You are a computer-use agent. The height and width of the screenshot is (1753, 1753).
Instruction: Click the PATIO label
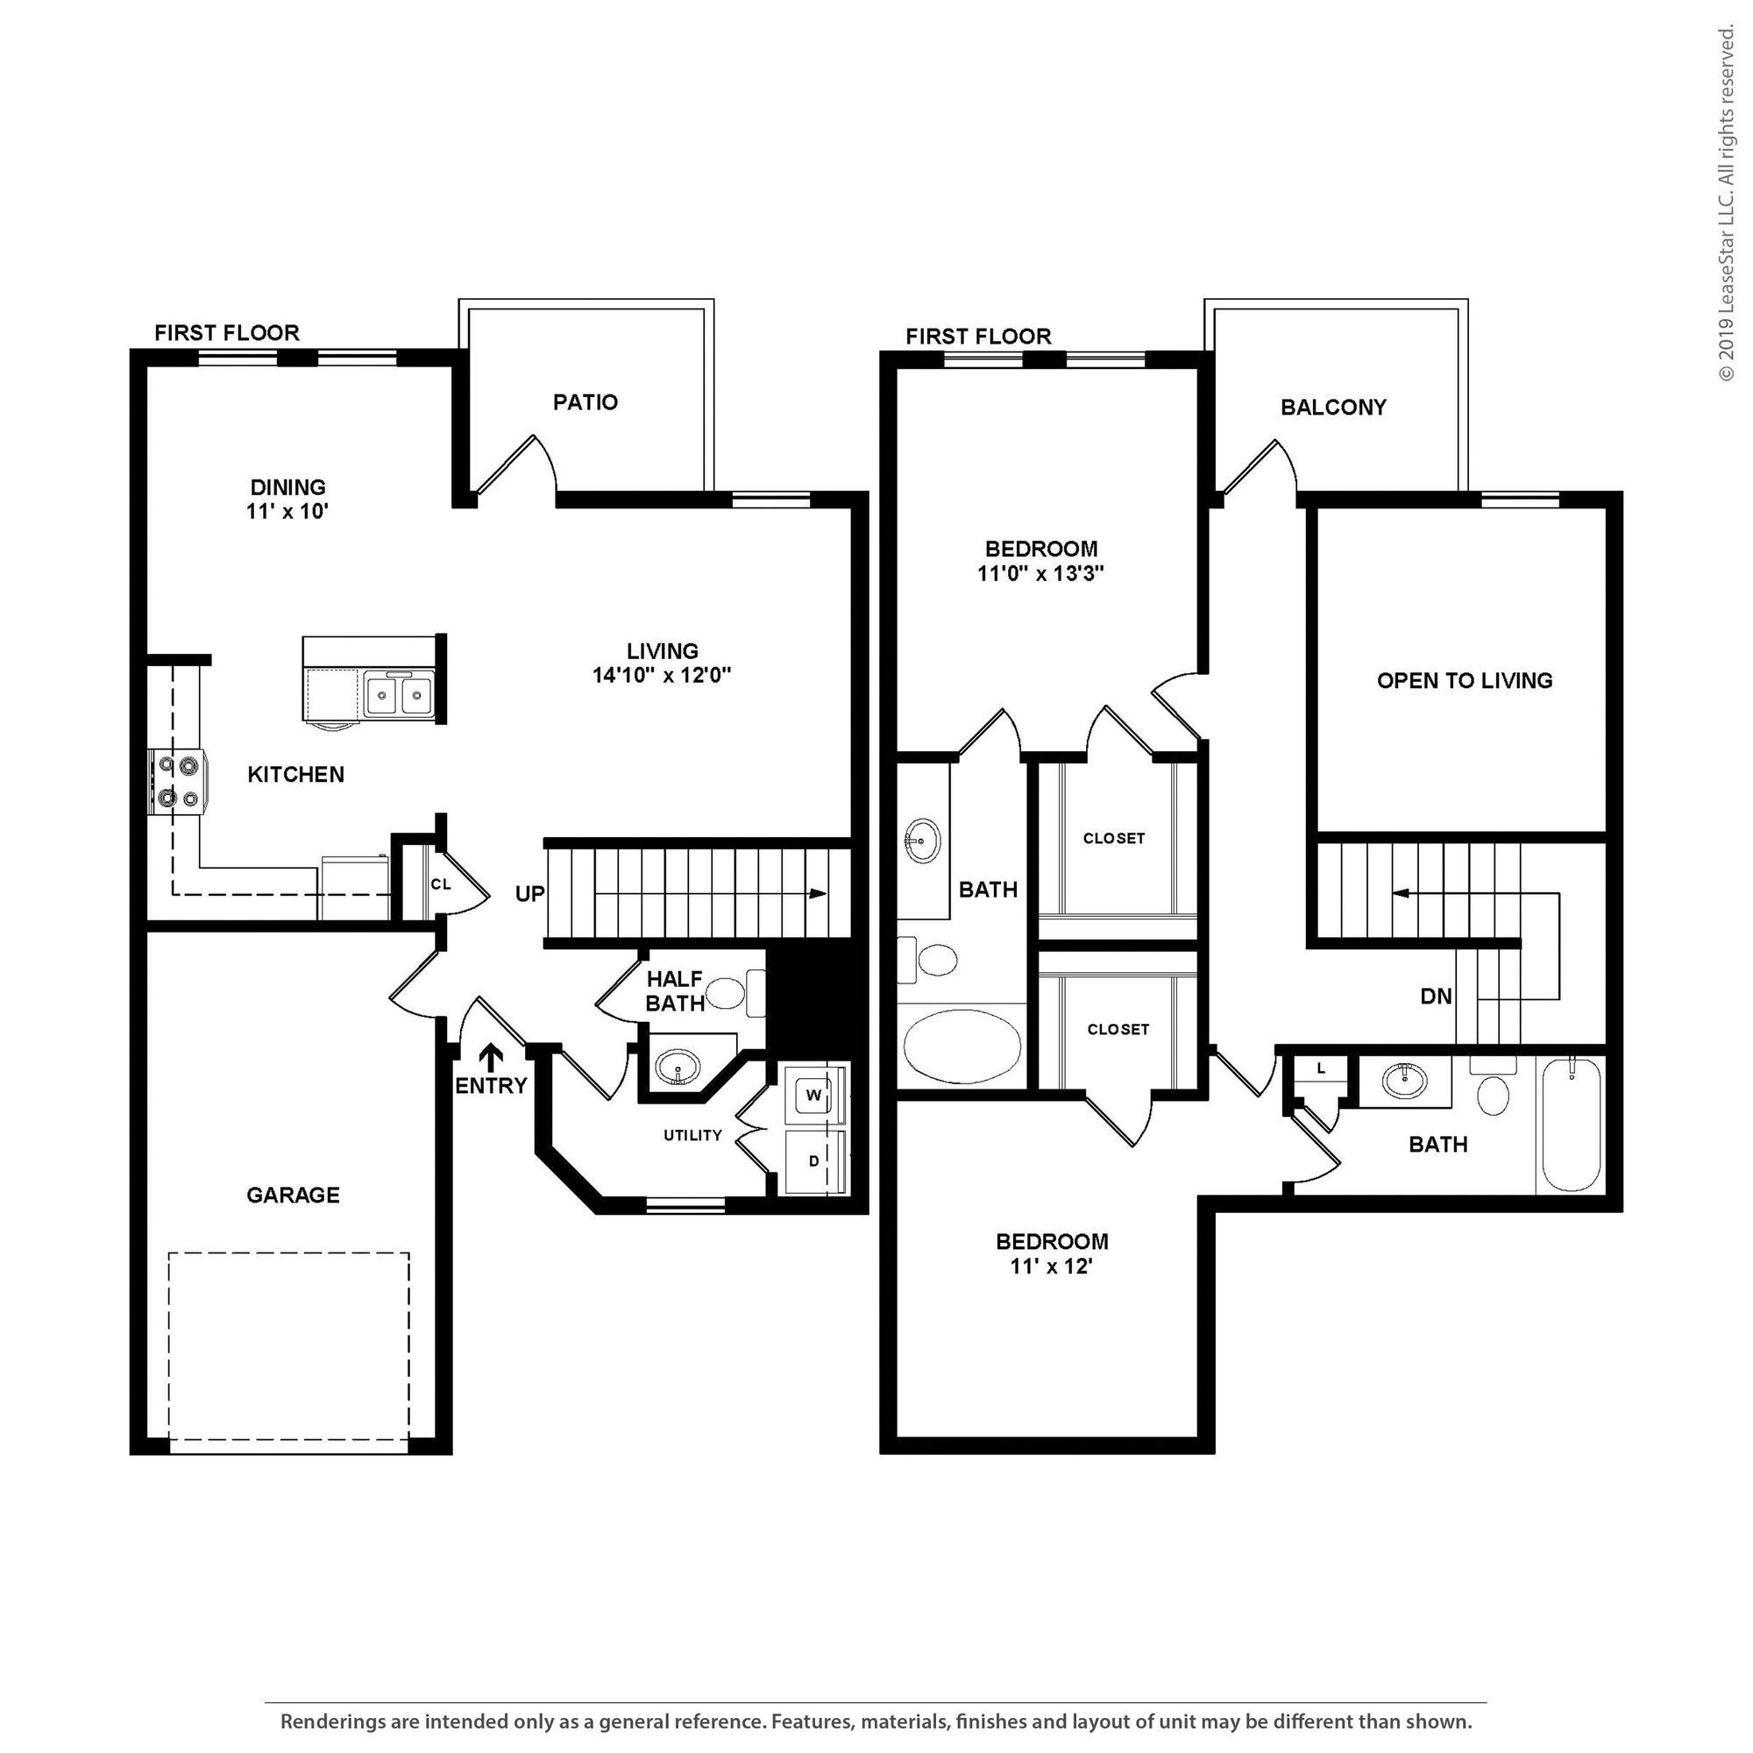click(x=586, y=402)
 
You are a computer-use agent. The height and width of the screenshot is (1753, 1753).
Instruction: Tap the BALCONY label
click(x=1333, y=408)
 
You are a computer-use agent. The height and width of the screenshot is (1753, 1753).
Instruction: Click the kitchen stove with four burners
click(x=178, y=782)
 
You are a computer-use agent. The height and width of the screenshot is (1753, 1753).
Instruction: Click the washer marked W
click(x=814, y=1095)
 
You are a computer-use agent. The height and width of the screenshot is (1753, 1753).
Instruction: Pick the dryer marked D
click(x=814, y=1160)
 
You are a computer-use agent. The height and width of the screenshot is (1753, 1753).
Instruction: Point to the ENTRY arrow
click(x=491, y=1057)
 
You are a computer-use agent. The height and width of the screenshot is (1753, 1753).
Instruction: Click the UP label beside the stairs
click(x=530, y=894)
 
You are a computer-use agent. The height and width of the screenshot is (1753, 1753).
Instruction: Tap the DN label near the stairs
click(x=1436, y=997)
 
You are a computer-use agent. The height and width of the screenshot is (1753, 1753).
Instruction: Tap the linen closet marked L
click(x=1321, y=1068)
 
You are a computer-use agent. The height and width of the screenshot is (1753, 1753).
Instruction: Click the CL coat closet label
click(x=441, y=884)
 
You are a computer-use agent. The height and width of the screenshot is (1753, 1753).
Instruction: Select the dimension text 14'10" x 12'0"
click(x=662, y=675)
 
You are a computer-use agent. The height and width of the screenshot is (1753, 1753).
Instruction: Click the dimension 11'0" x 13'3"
click(x=1040, y=573)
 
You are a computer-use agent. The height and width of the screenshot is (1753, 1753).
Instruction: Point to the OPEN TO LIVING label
click(x=1465, y=680)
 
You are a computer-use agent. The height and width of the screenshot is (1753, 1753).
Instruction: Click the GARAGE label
click(x=293, y=1195)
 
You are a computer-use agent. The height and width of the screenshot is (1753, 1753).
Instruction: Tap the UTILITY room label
click(x=692, y=1135)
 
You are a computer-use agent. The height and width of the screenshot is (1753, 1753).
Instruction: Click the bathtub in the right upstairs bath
click(x=1572, y=1125)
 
